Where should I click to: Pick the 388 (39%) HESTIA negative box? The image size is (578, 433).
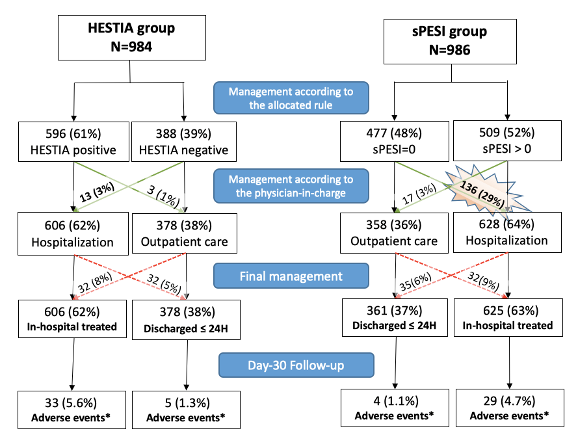184,142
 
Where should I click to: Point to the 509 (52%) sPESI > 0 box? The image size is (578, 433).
507,142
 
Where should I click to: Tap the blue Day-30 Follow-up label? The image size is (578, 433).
296,366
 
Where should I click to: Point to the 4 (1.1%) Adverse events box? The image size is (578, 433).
394,407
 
